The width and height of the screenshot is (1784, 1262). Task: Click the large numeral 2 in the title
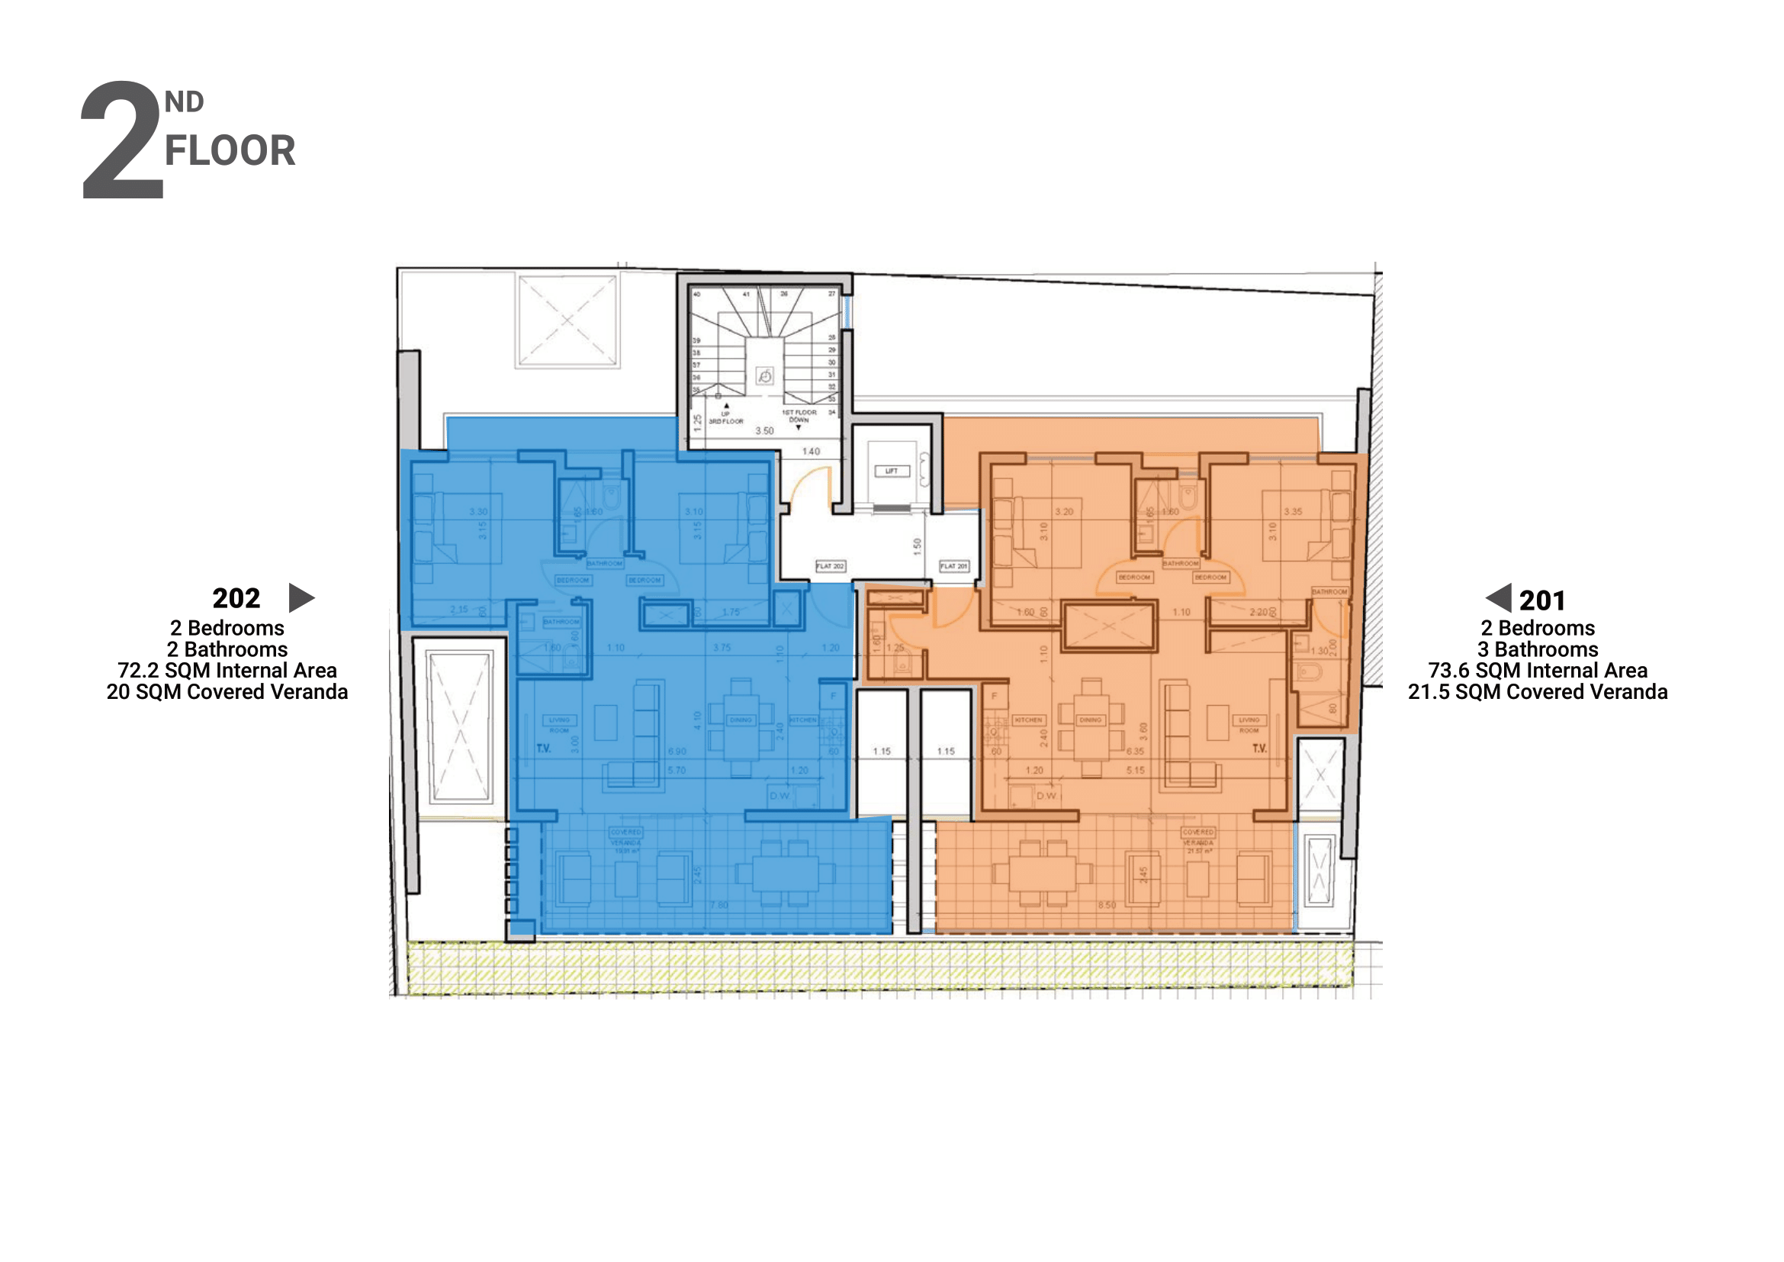(122, 141)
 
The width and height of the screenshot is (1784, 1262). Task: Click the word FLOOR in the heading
(230, 151)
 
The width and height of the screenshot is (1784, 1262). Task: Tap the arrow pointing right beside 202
(301, 597)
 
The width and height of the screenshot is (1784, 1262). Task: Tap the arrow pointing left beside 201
(1499, 597)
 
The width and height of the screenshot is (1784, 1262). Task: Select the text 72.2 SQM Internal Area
(227, 670)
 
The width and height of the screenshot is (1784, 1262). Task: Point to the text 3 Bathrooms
(1537, 649)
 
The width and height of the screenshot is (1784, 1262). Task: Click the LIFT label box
(891, 471)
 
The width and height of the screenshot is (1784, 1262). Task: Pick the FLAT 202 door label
(830, 566)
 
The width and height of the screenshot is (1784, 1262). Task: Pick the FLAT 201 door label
(953, 566)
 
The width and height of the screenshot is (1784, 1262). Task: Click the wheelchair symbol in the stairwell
(764, 377)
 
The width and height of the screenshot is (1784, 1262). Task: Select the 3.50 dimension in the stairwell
(764, 430)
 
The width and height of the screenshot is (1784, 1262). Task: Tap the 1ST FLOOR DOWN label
(799, 417)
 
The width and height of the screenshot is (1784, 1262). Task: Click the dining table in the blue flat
(741, 727)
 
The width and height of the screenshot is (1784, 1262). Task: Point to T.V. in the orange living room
(1258, 749)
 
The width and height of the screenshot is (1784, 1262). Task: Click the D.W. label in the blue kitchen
(779, 796)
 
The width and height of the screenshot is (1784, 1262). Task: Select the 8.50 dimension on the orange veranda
(1107, 906)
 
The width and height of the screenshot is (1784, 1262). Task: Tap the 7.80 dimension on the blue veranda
(718, 906)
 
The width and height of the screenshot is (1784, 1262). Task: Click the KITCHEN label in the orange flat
(1028, 720)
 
